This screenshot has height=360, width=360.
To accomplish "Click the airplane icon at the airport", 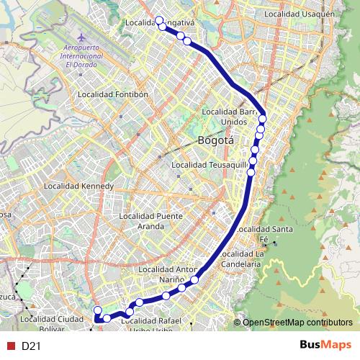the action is tap(81, 36).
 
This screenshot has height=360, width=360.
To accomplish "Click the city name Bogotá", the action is tap(216, 141).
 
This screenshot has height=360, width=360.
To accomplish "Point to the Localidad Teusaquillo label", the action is tap(210, 166).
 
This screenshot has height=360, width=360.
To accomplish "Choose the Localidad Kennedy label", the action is tap(79, 186).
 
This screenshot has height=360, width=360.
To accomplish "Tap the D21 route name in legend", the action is tap(30, 346).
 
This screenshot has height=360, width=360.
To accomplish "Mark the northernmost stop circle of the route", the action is tap(159, 21).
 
